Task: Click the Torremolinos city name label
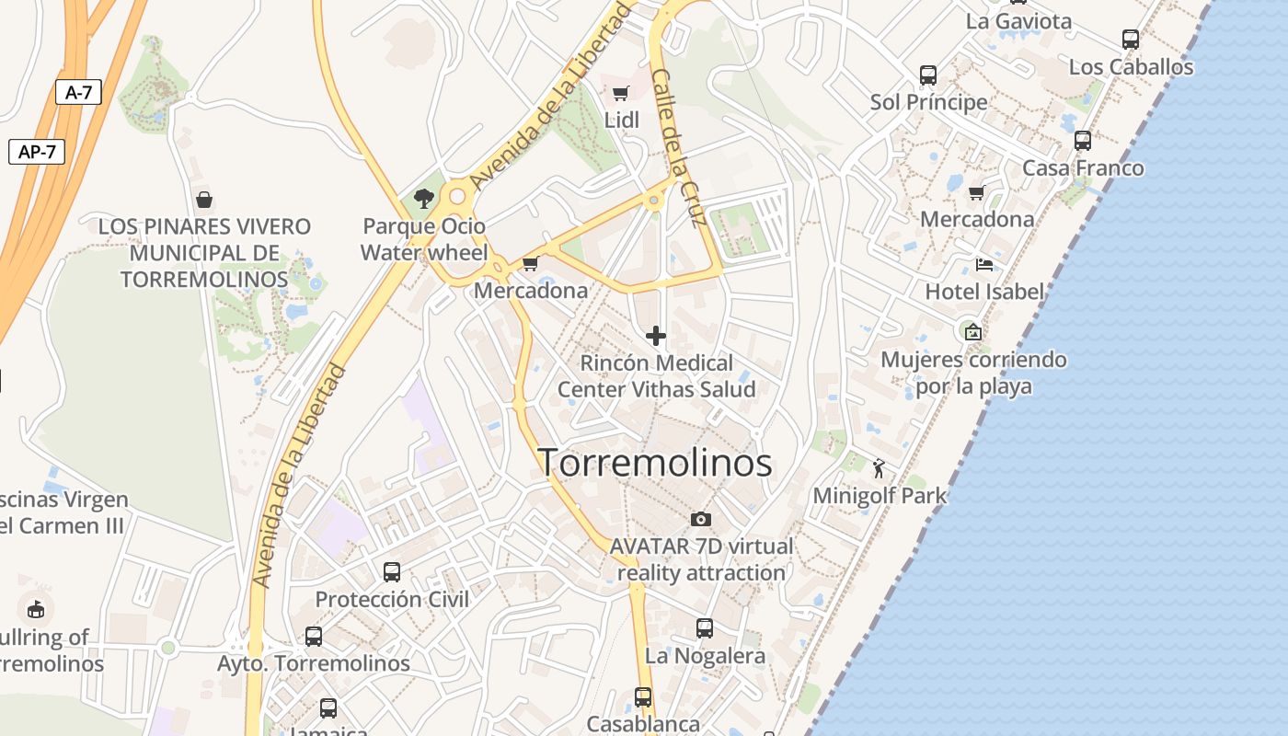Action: (654, 463)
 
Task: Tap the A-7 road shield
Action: (78, 92)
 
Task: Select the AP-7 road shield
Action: (37, 152)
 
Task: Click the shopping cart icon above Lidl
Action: (621, 92)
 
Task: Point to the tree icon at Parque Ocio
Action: (423, 198)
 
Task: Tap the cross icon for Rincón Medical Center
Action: (656, 336)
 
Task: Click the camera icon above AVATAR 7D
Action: (701, 520)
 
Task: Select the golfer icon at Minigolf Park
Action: (879, 468)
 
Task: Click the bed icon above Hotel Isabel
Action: (984, 266)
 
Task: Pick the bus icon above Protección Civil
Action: (392, 572)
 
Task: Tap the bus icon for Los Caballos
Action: (1131, 40)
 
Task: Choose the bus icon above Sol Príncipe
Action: (928, 75)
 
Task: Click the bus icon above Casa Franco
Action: (1083, 141)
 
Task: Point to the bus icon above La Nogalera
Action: (705, 628)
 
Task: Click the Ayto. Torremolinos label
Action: (314, 663)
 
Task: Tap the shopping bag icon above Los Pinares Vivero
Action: (204, 200)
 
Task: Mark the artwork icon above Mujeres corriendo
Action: (972, 331)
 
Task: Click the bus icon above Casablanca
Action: (643, 697)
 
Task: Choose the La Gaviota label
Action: (1019, 21)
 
